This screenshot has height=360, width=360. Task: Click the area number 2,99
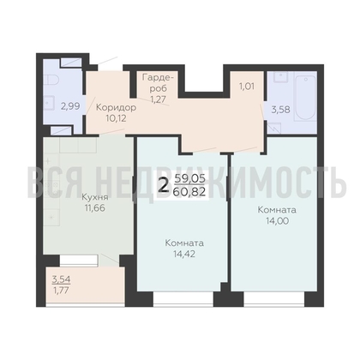[70, 106]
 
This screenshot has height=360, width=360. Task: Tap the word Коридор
[116, 108]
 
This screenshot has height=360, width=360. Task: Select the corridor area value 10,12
[116, 118]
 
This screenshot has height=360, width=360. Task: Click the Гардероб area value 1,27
[159, 99]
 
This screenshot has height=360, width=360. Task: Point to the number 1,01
[247, 86]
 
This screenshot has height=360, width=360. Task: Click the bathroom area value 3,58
[280, 110]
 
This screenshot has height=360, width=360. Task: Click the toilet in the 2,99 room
[51, 79]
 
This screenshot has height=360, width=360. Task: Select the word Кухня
[95, 197]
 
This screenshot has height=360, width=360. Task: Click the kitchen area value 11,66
[95, 208]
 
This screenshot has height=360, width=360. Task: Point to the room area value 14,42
[184, 254]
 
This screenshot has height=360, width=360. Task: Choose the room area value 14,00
[277, 221]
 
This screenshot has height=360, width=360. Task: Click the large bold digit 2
[164, 186]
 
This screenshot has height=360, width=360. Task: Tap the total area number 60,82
[189, 191]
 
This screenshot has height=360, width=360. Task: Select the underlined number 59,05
[189, 179]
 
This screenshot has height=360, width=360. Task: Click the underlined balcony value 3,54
[61, 279]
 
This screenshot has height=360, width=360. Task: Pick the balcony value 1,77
[61, 291]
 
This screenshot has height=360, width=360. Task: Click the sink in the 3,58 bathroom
[280, 76]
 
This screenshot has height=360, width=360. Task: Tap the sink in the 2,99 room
[49, 103]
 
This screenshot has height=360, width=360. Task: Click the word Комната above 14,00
[277, 210]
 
